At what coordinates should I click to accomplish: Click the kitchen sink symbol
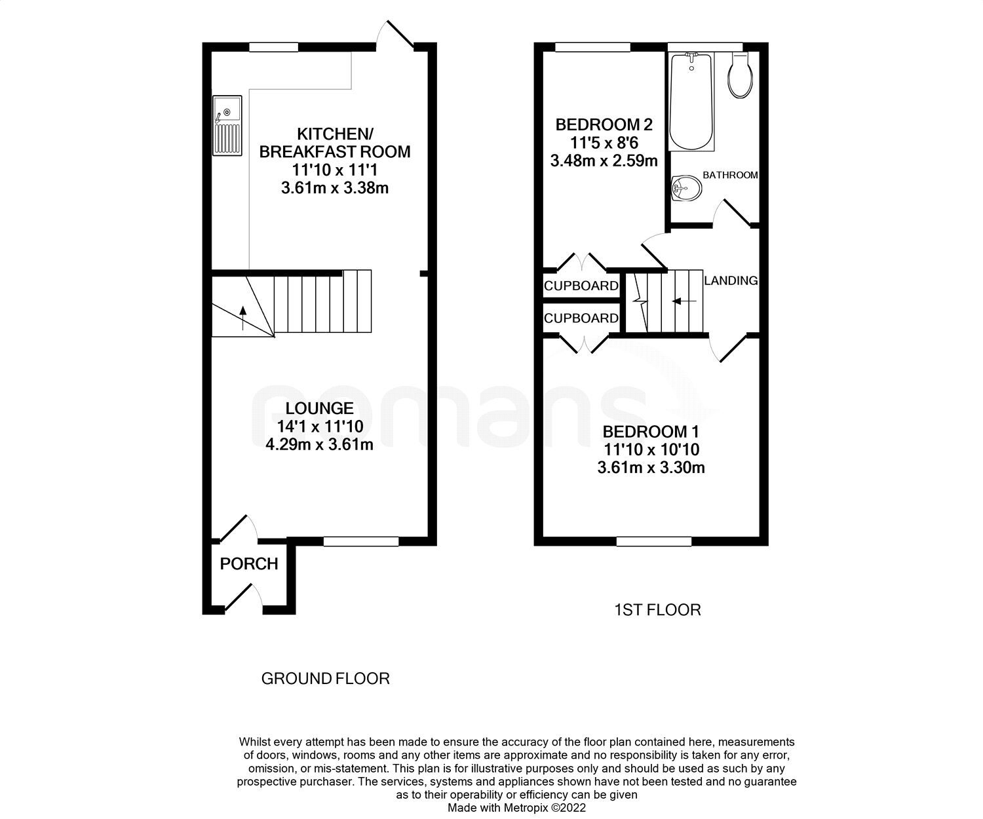coord(227,125)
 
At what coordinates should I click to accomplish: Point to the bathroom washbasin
coord(686,189)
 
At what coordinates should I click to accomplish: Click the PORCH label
coord(249,564)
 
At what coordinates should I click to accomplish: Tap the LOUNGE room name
coord(319,408)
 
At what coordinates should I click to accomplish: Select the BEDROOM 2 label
coord(604,124)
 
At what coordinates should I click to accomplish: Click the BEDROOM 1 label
coord(651,432)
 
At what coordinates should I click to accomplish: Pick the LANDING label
coord(731,280)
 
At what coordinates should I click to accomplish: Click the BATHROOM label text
coord(730,176)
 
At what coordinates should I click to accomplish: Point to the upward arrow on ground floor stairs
coord(243,317)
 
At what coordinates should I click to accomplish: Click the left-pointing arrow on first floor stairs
coord(684,301)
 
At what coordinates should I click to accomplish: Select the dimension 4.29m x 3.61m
coord(319,445)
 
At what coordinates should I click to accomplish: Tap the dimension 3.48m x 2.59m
coord(604,161)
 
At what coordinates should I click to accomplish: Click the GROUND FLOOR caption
coord(325,679)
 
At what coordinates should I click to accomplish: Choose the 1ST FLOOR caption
coord(657,610)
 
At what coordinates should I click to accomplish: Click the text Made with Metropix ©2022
coord(516,808)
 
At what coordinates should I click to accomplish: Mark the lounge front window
coord(361,541)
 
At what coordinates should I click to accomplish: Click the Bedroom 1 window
coord(654,541)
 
